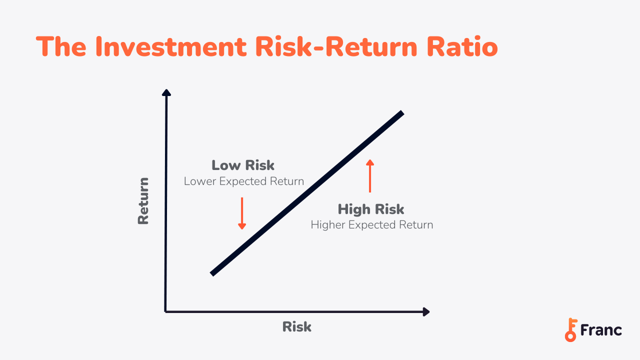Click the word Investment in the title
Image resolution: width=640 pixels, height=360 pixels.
[170, 46]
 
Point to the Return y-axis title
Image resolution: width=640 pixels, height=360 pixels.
[143, 201]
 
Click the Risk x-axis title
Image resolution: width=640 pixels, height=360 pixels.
[297, 327]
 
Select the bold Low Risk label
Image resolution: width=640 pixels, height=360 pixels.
[243, 165]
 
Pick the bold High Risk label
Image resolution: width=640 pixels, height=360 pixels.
[371, 209]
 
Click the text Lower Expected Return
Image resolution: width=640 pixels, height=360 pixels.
[244, 181]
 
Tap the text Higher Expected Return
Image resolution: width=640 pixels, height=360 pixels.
[372, 225]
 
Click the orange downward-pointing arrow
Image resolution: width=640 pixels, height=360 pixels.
[242, 213]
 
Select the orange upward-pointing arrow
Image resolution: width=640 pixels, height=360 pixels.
[370, 175]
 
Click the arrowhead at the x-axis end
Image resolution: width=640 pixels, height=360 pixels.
[426, 312]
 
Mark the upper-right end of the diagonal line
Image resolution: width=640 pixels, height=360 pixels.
[401, 113]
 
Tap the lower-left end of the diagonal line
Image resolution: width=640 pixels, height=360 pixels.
[213, 273]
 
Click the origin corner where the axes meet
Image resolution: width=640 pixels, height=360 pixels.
[165, 311]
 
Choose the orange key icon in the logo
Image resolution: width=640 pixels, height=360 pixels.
[570, 330]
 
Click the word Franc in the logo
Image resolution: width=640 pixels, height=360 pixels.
[601, 330]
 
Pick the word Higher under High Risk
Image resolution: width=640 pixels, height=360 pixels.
[328, 225]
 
